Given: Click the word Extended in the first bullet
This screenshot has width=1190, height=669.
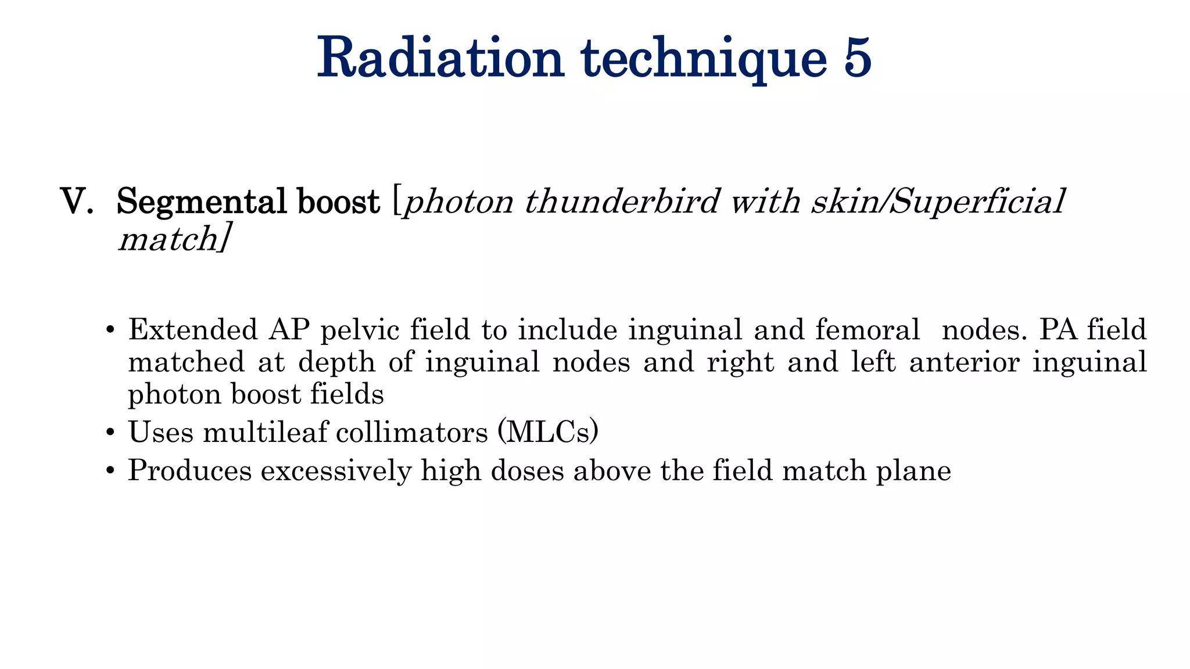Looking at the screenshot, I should click(192, 329).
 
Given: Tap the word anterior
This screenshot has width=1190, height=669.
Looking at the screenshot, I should click(964, 362).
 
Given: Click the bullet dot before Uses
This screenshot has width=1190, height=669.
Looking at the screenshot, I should click(110, 433).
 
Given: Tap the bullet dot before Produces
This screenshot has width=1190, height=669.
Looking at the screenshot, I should click(110, 472).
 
